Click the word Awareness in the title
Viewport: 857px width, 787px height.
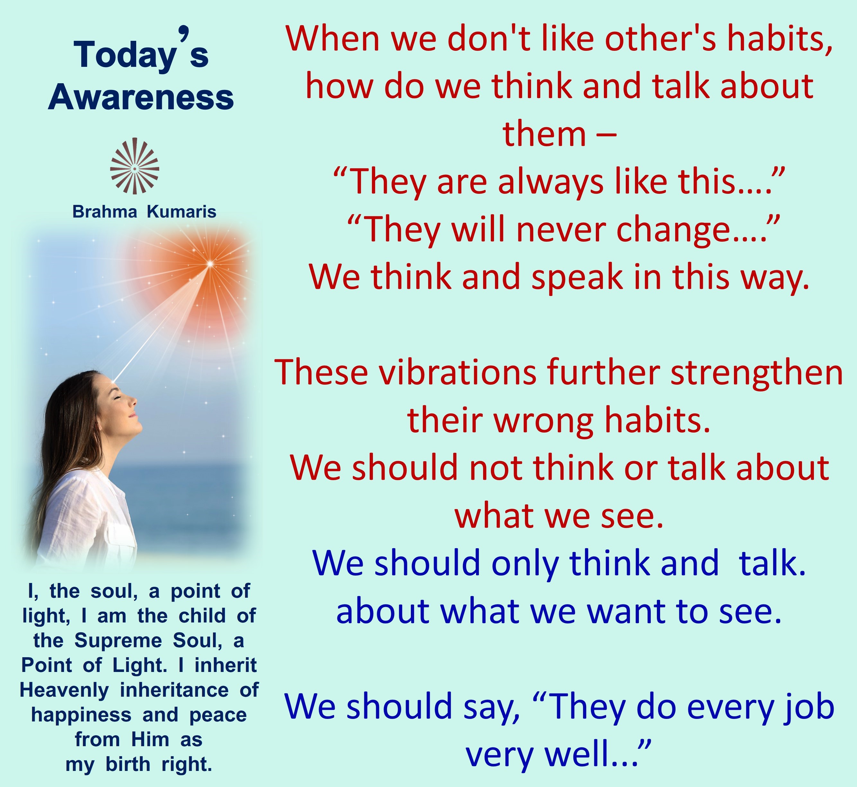[141, 97]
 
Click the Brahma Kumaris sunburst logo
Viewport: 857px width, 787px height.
[135, 166]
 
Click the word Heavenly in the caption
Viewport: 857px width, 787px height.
[64, 690]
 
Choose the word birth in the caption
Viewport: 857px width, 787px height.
[128, 765]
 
